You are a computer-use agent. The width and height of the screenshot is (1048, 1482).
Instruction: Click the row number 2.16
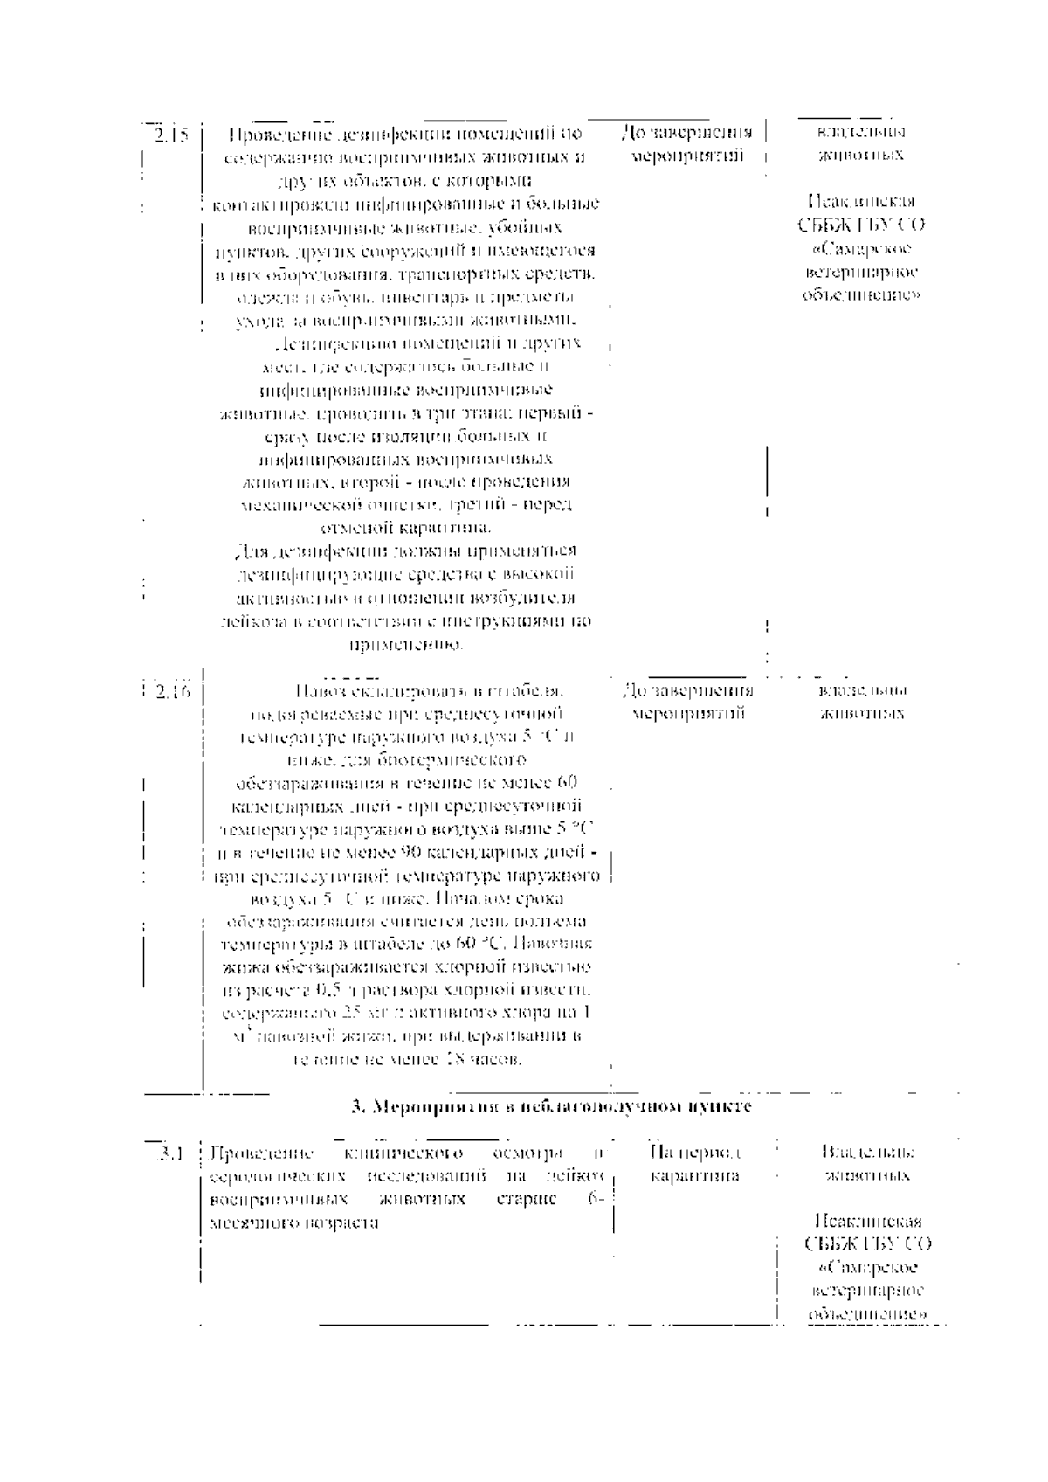[173, 691]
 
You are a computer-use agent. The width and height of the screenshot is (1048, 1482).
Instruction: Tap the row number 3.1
[170, 1153]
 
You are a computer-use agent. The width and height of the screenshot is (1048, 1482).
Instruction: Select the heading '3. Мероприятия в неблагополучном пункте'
[551, 1106]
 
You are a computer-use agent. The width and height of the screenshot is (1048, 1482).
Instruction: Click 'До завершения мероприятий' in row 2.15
[686, 145]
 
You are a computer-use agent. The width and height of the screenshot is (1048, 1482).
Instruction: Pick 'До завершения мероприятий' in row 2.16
[687, 702]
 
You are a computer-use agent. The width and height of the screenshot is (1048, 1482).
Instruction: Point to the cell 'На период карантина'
[696, 1164]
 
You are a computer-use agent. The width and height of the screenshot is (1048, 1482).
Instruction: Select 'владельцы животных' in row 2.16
[862, 702]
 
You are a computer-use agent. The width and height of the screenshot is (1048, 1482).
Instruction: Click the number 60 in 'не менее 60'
[566, 781]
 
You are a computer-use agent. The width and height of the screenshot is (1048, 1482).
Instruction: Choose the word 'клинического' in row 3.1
[403, 1153]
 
